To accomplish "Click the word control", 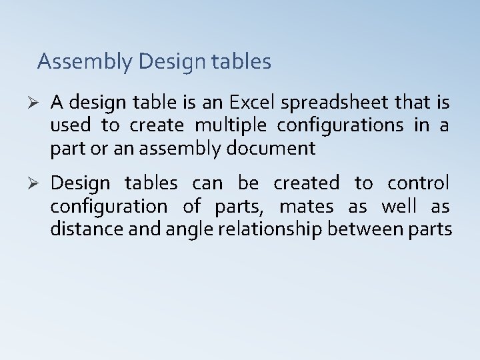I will click(418, 183).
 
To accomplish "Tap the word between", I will click(363, 229).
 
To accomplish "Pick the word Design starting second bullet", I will click(79, 183).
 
